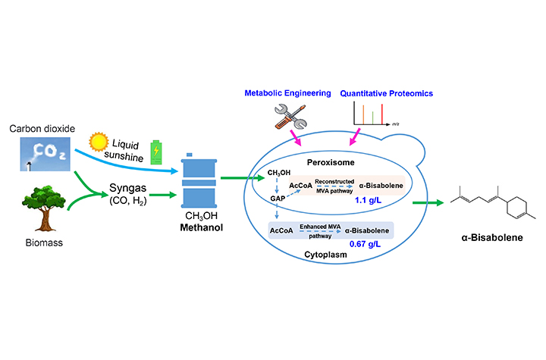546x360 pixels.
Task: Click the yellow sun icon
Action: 99,142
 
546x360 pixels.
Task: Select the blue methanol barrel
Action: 201,180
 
